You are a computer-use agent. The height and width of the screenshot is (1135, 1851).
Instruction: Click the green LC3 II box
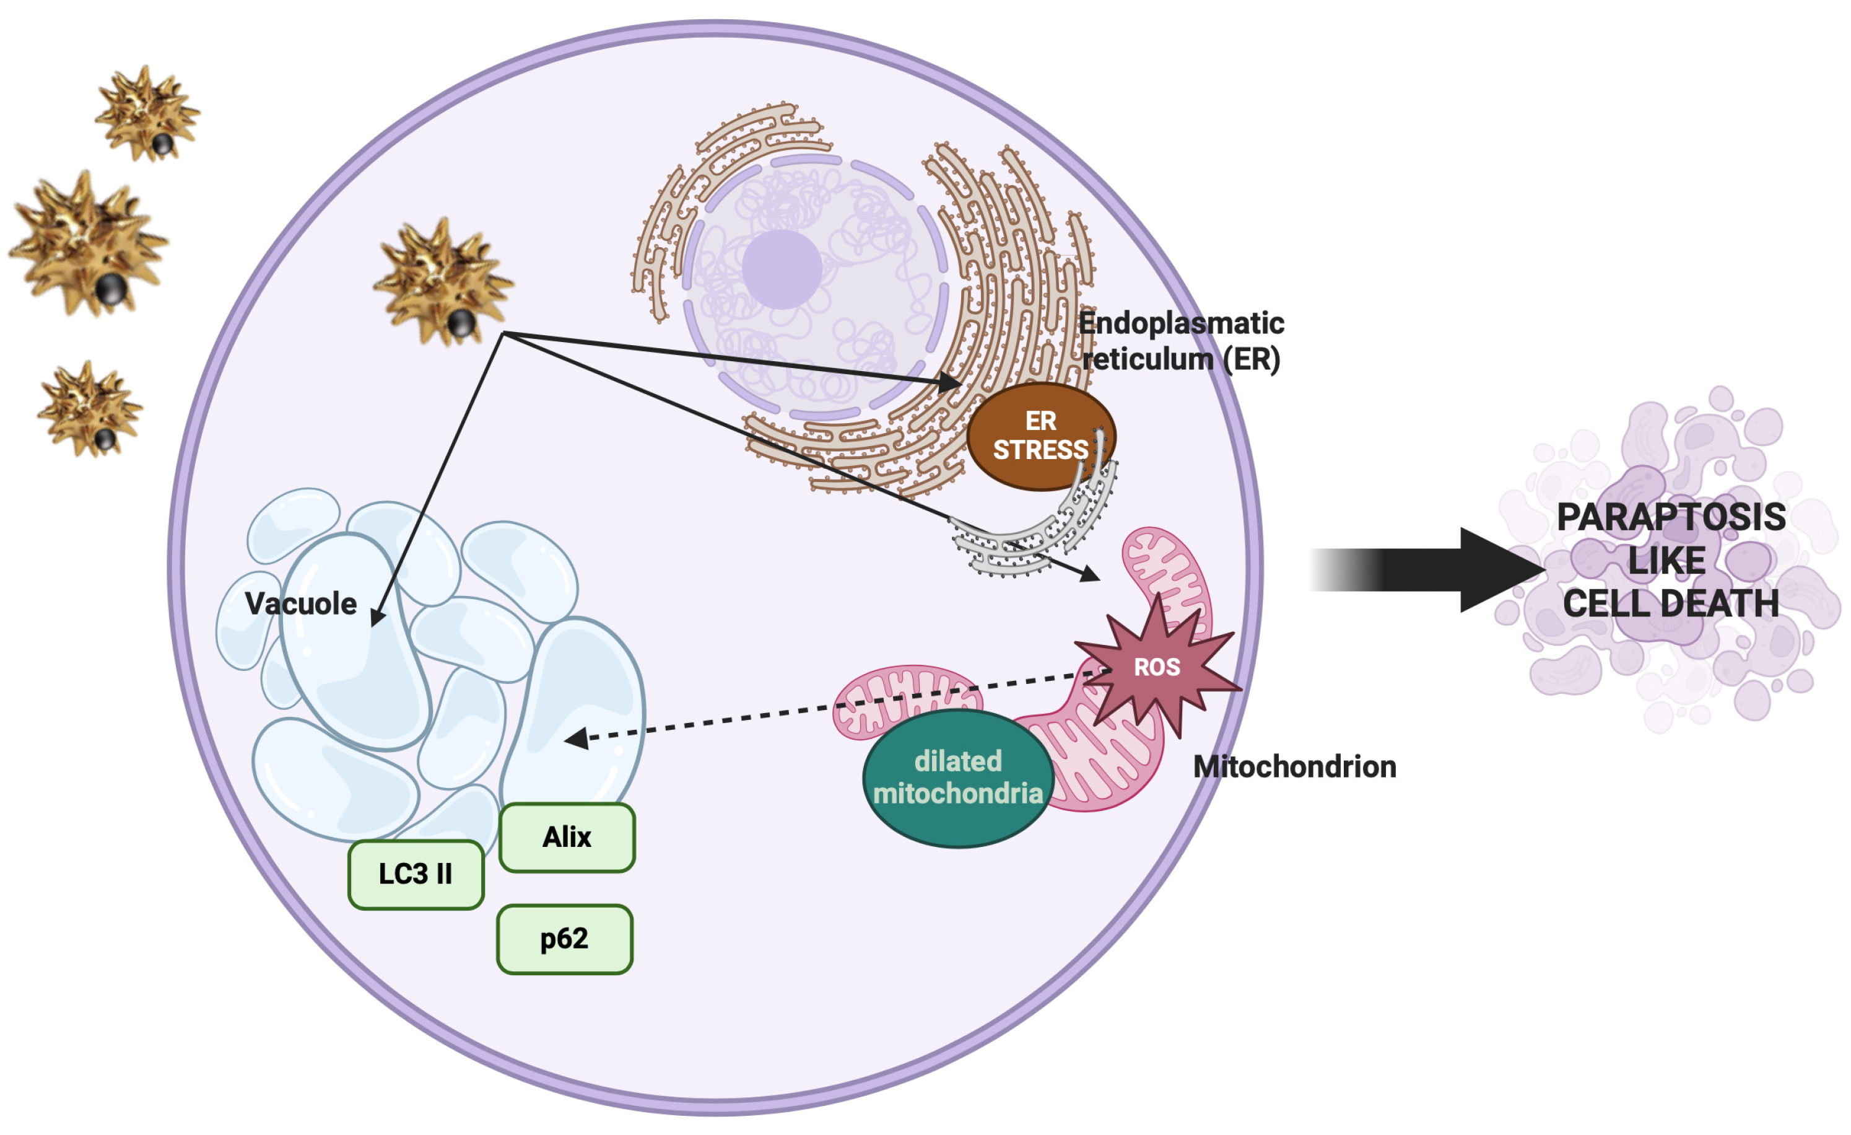[416, 874]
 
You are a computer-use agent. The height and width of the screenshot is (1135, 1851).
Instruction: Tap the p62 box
[565, 939]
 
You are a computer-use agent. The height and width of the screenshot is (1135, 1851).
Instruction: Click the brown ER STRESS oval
[1041, 436]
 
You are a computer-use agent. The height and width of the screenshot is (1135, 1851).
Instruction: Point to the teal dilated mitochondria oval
[958, 778]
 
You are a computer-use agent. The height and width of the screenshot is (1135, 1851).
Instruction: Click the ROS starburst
[1157, 666]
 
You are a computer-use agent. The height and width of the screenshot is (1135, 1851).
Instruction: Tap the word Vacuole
[300, 603]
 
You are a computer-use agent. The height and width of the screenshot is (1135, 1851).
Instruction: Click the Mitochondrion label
[1294, 767]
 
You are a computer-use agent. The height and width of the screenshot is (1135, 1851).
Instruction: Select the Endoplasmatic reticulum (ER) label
[1182, 341]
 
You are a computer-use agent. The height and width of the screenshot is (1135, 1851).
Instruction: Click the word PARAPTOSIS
[1671, 517]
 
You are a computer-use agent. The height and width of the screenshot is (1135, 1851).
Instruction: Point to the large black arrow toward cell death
[1427, 570]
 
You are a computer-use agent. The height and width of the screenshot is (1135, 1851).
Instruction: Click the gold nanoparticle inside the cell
[443, 282]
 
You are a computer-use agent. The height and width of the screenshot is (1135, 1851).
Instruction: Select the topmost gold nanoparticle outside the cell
[147, 113]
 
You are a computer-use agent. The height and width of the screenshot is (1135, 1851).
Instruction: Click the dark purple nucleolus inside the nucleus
[782, 269]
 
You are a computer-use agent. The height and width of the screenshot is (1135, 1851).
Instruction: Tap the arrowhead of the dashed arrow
[576, 739]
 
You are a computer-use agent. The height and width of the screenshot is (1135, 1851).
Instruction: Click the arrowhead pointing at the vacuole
[378, 616]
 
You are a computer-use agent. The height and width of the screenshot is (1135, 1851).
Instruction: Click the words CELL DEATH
[1671, 603]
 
